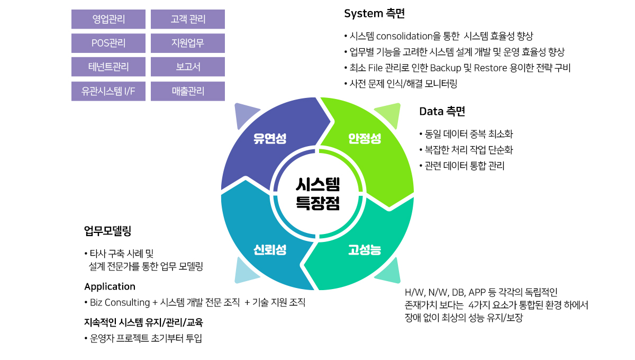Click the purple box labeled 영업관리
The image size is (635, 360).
(x=108, y=20)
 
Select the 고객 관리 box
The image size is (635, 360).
(x=188, y=20)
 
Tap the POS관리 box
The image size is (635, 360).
(x=108, y=43)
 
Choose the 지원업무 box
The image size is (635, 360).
(x=188, y=43)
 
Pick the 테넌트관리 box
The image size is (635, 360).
(x=108, y=67)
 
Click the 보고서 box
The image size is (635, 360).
(x=188, y=67)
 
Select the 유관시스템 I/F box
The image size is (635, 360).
(x=108, y=91)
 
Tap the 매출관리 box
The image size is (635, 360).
(x=188, y=91)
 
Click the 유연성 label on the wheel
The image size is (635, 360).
(x=270, y=139)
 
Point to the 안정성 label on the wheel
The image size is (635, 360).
(x=365, y=139)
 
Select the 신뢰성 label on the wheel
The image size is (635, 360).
(x=270, y=250)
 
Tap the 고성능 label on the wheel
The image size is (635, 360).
(x=365, y=250)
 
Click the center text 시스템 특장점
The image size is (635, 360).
(x=317, y=194)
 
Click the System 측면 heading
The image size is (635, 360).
(x=374, y=14)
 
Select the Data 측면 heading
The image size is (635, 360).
(x=442, y=111)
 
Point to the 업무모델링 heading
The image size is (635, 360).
(x=107, y=231)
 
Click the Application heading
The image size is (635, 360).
(x=110, y=286)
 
